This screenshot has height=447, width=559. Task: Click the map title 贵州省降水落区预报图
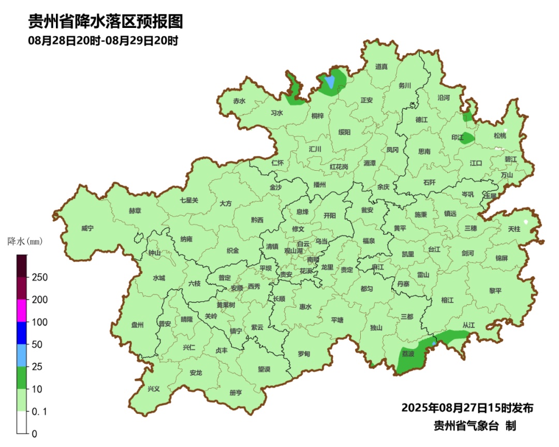(x=106, y=22)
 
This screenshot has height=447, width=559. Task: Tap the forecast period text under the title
(x=103, y=41)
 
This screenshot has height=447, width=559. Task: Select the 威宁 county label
(x=88, y=228)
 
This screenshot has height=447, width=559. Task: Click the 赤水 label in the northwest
(x=239, y=101)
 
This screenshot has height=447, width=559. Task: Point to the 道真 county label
(x=381, y=66)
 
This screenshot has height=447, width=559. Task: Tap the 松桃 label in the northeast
(x=499, y=136)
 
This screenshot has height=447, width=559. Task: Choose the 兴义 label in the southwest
(x=154, y=389)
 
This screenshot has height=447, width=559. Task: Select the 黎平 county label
(x=495, y=291)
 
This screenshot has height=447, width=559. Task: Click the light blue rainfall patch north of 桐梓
(x=329, y=82)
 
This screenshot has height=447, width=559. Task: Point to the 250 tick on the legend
(x=39, y=277)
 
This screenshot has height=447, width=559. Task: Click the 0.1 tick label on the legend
(x=39, y=411)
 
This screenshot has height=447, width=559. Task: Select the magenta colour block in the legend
(x=21, y=310)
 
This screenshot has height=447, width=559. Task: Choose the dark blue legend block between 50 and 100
(x=21, y=333)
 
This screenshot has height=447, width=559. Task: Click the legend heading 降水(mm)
(x=25, y=241)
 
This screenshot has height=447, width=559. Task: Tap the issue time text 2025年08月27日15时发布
(x=467, y=408)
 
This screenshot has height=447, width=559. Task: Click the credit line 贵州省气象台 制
(x=475, y=426)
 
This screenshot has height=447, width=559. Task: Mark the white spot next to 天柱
(x=526, y=222)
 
